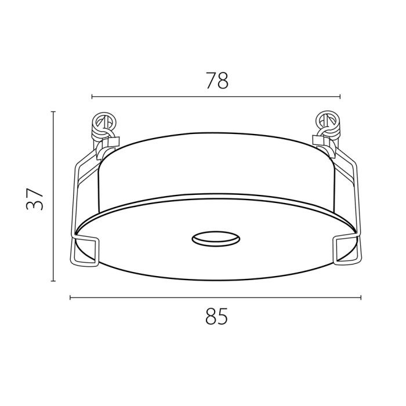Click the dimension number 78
(x=217, y=81)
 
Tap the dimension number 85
(x=216, y=316)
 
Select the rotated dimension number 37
(x=35, y=199)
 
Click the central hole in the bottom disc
(x=216, y=238)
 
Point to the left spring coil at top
(x=103, y=126)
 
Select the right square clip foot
(x=346, y=249)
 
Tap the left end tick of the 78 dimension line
(x=92, y=97)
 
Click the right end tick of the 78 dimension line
(x=340, y=97)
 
